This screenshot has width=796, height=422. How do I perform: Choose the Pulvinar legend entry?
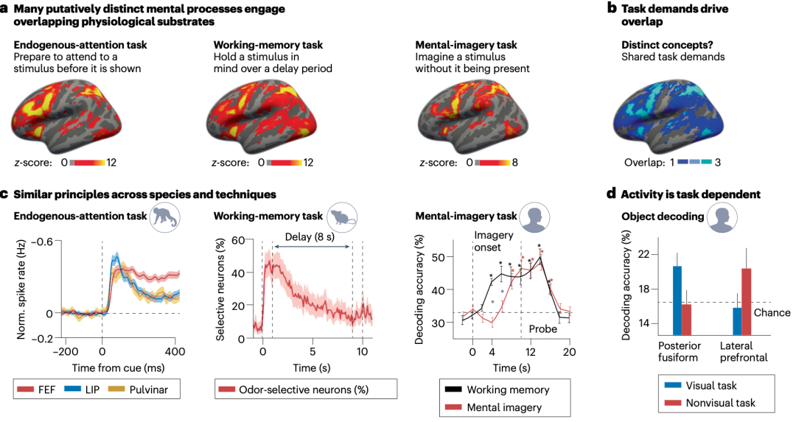pyautogui.click(x=138, y=390)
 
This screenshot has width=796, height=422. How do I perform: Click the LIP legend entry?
pyautogui.click(x=82, y=390)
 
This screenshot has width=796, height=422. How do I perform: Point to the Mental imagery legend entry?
pyautogui.click(x=493, y=407)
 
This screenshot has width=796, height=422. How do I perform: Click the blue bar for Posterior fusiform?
pyautogui.click(x=677, y=300)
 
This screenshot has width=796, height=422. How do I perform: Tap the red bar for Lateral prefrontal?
pyautogui.click(x=746, y=302)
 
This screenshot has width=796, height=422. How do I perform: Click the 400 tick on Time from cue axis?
pyautogui.click(x=175, y=351)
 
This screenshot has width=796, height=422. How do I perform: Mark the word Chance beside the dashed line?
pyautogui.click(x=772, y=312)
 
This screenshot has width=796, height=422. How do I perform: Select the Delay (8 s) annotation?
pyautogui.click(x=310, y=237)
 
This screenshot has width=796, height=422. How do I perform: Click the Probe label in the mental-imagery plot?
pyautogui.click(x=543, y=328)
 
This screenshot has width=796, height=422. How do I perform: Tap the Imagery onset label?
pyautogui.click(x=493, y=241)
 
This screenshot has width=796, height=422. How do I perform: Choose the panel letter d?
pyautogui.click(x=611, y=194)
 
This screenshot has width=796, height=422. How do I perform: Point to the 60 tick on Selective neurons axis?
pyautogui.click(x=238, y=240)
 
